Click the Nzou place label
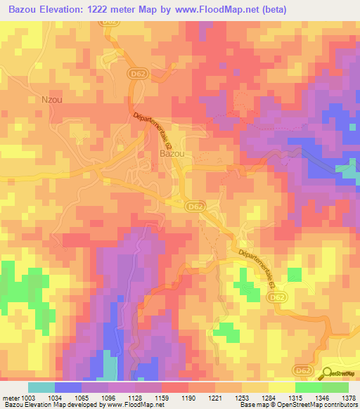[52, 100]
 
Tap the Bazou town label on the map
[172, 152]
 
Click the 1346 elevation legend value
[323, 397]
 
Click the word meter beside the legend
[11, 397]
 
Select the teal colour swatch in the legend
[41, 387]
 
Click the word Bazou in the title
[25, 9]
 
